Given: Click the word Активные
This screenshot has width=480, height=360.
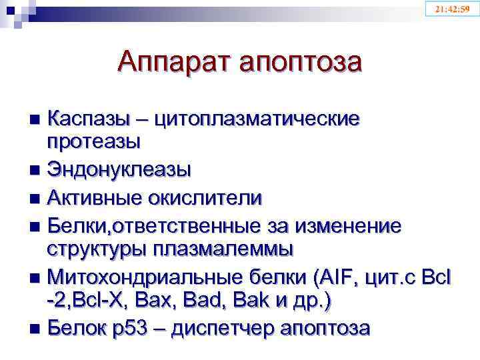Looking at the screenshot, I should tap(100, 199).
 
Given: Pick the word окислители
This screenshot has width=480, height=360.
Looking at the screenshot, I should tap(210, 199).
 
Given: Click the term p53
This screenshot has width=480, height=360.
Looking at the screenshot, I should tap(137, 329).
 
